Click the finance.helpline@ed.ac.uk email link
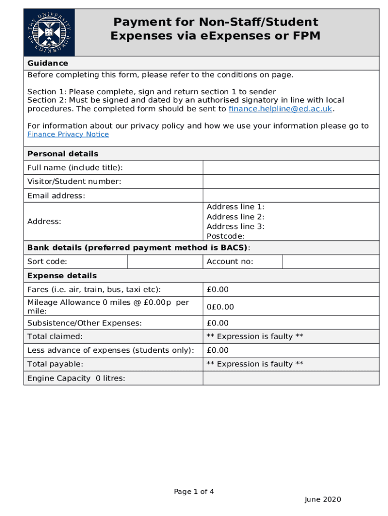(x=281, y=109)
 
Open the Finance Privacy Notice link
(x=68, y=134)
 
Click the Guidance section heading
(x=48, y=63)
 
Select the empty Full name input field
(x=291, y=167)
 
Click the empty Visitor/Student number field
(x=291, y=181)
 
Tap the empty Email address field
(x=291, y=196)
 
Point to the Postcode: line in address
(x=225, y=236)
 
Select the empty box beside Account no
(x=330, y=262)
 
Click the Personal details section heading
(x=62, y=154)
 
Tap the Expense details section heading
(x=62, y=276)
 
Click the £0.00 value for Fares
(x=218, y=289)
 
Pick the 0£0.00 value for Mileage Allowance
(x=220, y=307)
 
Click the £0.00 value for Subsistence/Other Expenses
(x=218, y=323)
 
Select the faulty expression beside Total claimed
(x=254, y=337)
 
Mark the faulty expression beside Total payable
(x=254, y=364)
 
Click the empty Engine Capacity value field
(x=291, y=378)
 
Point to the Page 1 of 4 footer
(x=194, y=492)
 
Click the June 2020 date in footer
(x=322, y=499)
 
